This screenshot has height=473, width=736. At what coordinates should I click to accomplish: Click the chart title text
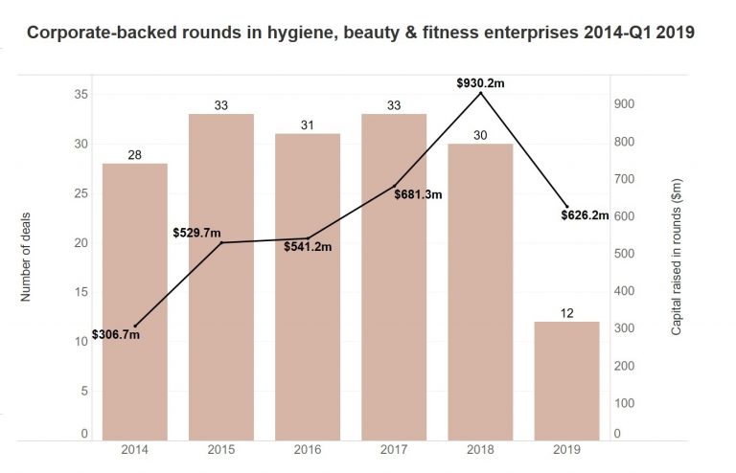360,32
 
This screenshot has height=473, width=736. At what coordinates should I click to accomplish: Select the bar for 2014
134,302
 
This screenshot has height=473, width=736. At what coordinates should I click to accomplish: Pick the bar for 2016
307,287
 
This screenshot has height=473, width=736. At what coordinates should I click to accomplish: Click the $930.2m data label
480,83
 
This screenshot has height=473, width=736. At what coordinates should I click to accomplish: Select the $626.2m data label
585,215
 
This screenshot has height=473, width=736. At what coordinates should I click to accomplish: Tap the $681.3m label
417,194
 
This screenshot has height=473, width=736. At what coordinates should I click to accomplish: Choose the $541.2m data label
308,247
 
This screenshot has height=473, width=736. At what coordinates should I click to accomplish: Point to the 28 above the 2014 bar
134,155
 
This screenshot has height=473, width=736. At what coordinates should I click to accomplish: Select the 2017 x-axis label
394,449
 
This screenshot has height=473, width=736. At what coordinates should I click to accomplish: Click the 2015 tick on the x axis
221,449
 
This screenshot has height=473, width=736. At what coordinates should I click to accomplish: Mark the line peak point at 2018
480,93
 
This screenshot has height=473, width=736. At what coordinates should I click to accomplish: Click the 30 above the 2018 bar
480,135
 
